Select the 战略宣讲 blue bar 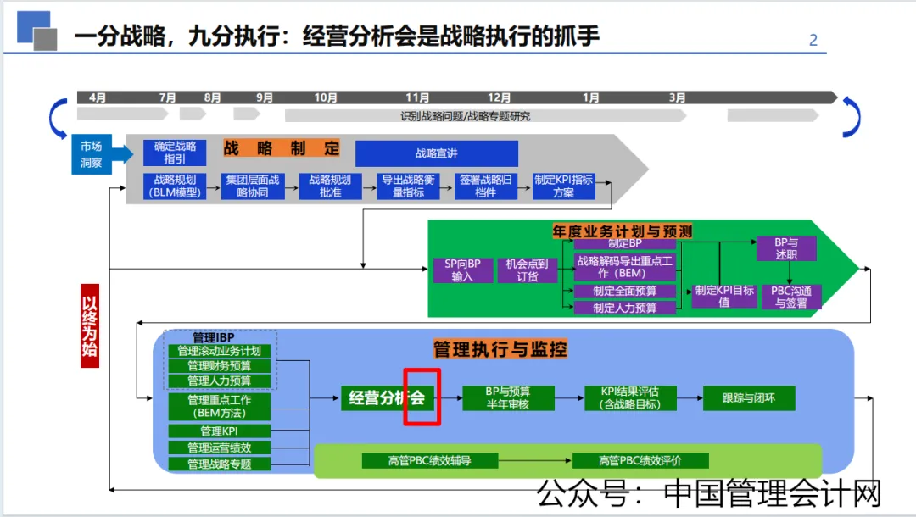click(436, 153)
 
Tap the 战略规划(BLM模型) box click(175, 186)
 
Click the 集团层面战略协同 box click(252, 186)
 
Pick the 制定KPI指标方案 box click(563, 186)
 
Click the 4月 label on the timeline click(98, 98)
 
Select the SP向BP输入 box click(461, 270)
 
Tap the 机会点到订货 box click(528, 270)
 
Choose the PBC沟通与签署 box click(790, 297)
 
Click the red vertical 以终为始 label click(91, 325)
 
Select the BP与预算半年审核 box click(508, 397)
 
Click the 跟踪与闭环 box click(747, 397)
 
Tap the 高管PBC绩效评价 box click(640, 461)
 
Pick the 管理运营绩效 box click(219, 448)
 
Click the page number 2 click(813, 40)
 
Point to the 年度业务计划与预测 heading click(622, 231)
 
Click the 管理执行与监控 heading click(500, 349)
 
